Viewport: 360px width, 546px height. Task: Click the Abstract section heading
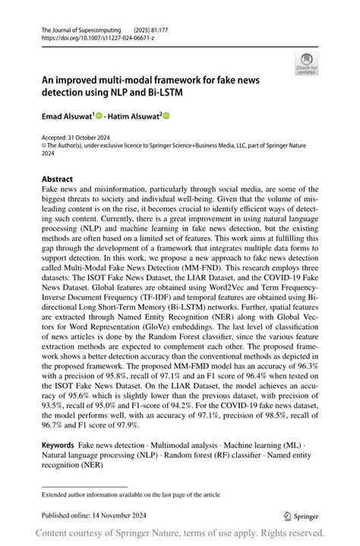point(58,180)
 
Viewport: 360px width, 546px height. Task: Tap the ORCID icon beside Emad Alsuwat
point(99,116)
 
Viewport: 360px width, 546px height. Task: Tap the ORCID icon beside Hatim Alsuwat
point(167,116)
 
